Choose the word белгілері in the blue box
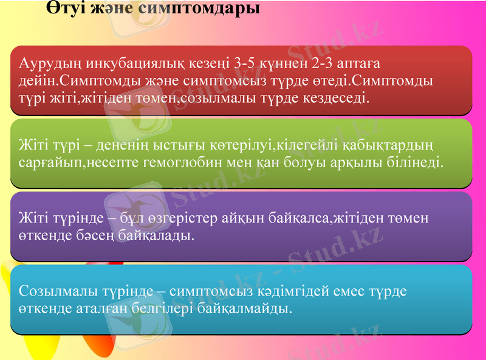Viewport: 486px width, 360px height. point(164,308)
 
